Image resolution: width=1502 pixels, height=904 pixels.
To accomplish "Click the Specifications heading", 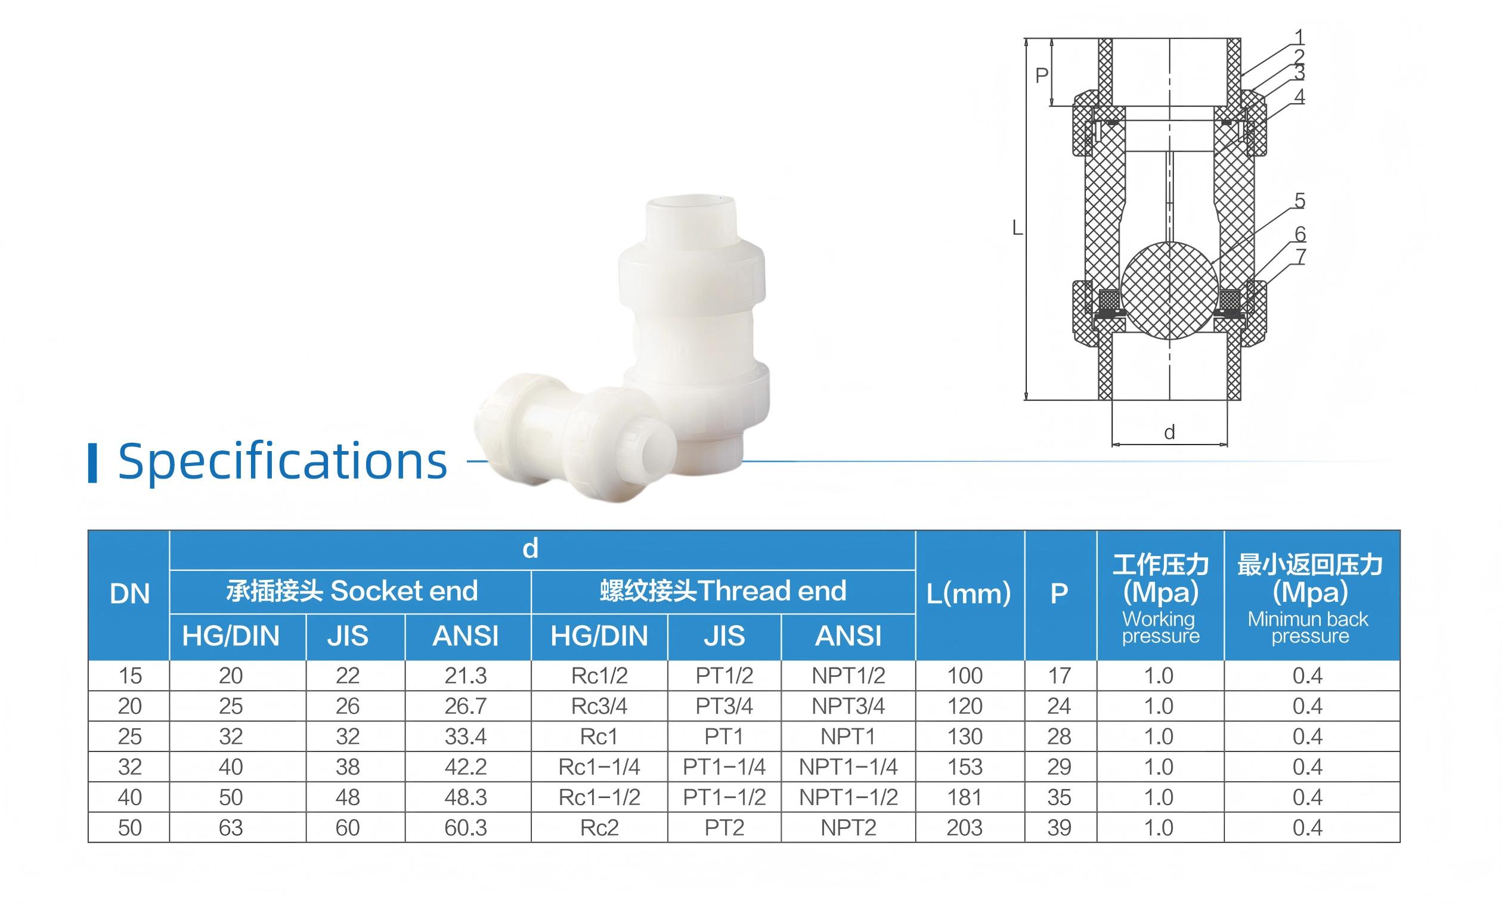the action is (x=283, y=461).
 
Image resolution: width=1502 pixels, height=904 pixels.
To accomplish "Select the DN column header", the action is (x=129, y=594).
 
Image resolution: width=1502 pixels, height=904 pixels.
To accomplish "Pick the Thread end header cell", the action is (x=723, y=591).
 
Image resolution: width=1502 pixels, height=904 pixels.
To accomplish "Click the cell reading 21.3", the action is (x=466, y=676).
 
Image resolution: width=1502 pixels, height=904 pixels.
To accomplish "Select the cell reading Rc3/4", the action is (x=599, y=706).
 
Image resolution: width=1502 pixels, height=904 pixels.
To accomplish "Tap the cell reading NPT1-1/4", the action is (x=848, y=767).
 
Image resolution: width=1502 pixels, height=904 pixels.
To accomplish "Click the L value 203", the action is (x=965, y=828).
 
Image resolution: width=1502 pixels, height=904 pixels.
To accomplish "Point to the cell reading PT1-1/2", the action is (x=724, y=797).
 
